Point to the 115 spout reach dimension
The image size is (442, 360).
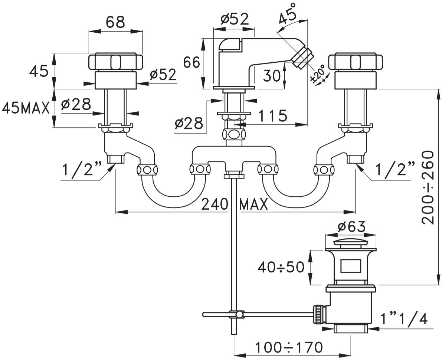click(273, 116)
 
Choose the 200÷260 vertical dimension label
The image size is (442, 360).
click(429, 187)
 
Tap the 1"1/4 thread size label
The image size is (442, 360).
click(405, 318)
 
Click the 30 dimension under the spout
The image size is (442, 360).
click(272, 76)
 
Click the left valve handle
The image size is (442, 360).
click(115, 62)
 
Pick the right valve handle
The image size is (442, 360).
click(356, 62)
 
